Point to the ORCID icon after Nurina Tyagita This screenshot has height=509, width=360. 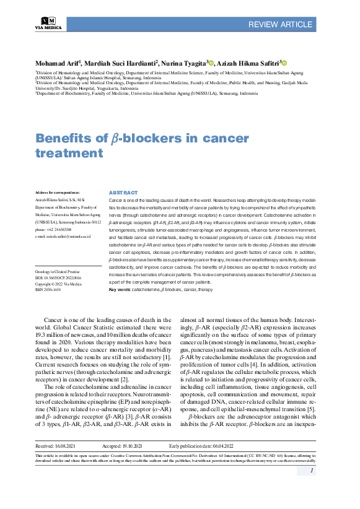[211, 63]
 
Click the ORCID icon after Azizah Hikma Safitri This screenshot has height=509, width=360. [284, 63]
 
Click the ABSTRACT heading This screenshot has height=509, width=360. [123, 193]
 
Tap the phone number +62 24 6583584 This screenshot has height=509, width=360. [57, 228]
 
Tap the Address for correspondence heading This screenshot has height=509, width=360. [58, 193]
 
